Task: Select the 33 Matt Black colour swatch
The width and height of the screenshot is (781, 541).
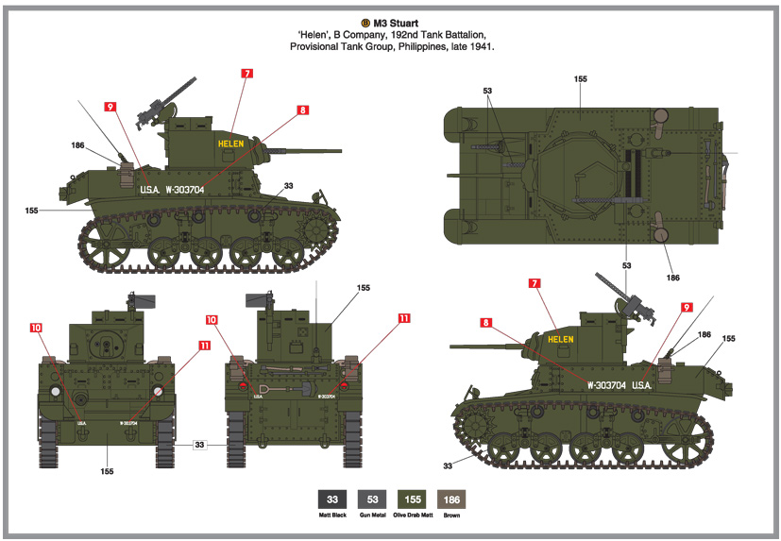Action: (331, 499)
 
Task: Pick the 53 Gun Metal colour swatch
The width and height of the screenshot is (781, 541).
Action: (372, 499)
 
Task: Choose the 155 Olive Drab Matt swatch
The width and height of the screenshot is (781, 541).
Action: (412, 499)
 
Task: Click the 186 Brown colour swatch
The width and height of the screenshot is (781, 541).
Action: (452, 499)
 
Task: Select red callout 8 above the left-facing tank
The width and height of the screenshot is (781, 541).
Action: (303, 110)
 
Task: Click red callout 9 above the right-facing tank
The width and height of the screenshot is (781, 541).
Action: (686, 307)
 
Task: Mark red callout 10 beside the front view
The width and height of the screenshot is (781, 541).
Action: (36, 328)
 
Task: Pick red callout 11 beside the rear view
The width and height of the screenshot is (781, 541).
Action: (404, 319)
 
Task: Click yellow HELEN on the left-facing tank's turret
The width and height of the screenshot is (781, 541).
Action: (230, 144)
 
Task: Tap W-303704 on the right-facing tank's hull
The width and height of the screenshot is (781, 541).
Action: (605, 385)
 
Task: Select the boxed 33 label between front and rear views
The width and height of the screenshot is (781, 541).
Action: (199, 444)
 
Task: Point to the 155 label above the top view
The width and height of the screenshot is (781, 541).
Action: (580, 79)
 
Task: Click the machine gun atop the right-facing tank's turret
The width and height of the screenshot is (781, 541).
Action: (614, 288)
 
